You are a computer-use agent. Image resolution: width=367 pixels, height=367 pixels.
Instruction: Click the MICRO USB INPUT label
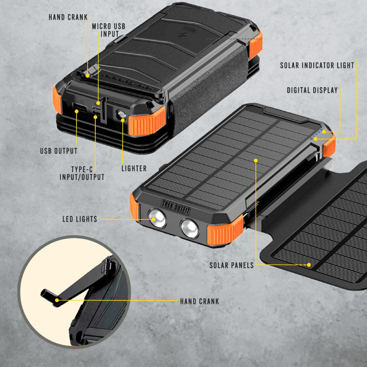(108, 30)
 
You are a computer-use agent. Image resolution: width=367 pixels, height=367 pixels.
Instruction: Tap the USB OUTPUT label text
(59, 151)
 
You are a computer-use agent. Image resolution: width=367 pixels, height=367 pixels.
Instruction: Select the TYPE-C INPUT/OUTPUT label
(82, 173)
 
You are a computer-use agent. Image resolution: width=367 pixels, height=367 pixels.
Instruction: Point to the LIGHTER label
(134, 168)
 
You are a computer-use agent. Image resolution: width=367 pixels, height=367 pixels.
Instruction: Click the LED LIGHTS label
(80, 219)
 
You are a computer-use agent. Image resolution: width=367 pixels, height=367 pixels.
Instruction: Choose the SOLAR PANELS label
(232, 265)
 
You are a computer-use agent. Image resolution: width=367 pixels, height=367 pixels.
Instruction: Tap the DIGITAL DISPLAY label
(312, 90)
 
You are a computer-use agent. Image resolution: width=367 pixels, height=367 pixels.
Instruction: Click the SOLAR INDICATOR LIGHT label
(317, 65)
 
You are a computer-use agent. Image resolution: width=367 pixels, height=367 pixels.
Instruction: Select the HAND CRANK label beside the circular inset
(200, 301)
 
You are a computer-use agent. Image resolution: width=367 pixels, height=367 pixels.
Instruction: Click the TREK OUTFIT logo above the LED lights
(176, 207)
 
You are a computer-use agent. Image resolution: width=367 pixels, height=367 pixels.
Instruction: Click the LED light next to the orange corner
(190, 228)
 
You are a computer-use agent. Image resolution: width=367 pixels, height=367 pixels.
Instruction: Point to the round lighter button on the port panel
(122, 115)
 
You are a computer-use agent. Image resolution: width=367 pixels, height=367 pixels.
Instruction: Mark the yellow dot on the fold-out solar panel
(309, 265)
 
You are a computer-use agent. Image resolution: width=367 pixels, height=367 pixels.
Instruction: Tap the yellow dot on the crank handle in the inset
(57, 300)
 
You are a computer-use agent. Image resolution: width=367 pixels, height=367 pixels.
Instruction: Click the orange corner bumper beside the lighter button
(147, 121)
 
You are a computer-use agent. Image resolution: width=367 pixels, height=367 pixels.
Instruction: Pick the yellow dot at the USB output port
(76, 111)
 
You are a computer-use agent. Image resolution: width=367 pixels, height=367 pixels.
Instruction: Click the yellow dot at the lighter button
(123, 120)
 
